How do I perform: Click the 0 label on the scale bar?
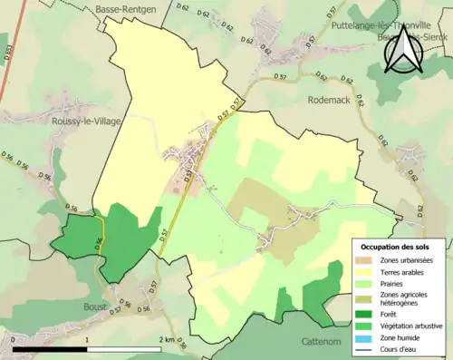pos(13,339)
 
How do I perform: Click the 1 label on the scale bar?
pos(87,339)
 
